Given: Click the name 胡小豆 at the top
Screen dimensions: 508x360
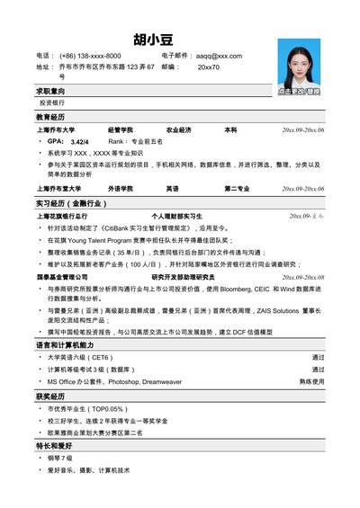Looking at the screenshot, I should [x=152, y=39].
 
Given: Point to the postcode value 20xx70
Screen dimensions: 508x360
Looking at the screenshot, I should [x=209, y=67].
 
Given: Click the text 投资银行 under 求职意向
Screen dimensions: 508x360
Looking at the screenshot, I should [x=53, y=103].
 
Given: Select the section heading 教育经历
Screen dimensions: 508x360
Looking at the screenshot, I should [x=50, y=118].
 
